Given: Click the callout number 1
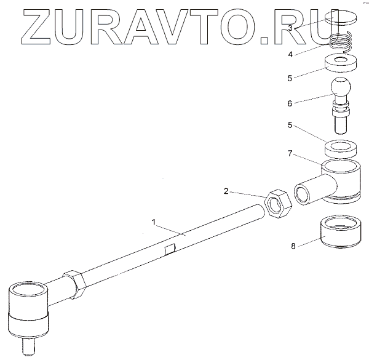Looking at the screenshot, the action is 154,219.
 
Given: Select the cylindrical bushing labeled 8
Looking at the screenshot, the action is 340,233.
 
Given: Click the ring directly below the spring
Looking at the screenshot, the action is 339,63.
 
